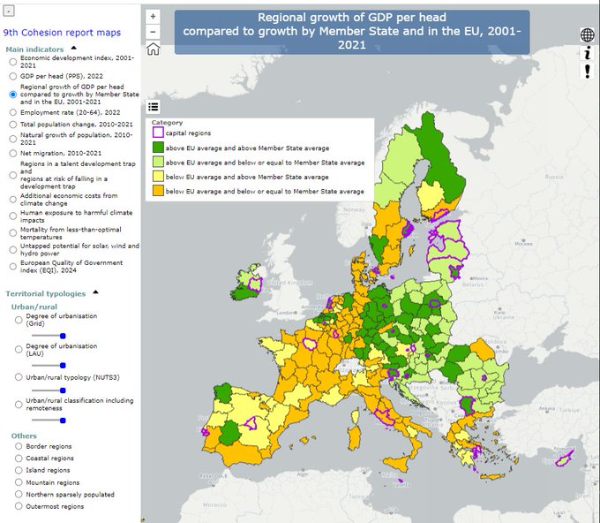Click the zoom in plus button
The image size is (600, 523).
[154, 16]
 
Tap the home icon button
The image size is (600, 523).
[154, 49]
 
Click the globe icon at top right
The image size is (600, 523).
[587, 35]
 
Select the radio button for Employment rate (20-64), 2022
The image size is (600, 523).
[12, 112]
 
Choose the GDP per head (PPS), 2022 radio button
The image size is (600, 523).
[12, 76]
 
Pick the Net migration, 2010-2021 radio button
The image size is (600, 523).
[12, 154]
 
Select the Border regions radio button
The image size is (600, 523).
[19, 447]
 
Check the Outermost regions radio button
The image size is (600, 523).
[19, 507]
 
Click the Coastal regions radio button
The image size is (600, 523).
[19, 459]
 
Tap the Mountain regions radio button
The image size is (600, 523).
[19, 483]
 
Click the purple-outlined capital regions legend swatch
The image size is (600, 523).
[158, 133]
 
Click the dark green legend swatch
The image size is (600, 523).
[158, 148]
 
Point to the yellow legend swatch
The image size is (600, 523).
[158, 177]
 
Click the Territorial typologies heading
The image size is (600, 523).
[46, 292]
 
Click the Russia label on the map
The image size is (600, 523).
[553, 176]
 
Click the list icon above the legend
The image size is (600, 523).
[154, 107]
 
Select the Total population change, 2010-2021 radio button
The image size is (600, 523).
[12, 125]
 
